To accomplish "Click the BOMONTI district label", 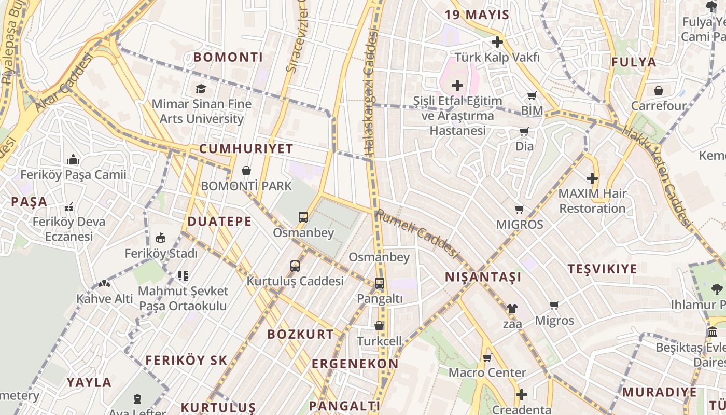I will tap(228, 57).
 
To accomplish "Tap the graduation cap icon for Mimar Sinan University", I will tap(201, 89).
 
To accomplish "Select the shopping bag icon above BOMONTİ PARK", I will tap(246, 171).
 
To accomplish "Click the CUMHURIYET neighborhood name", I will tap(246, 149).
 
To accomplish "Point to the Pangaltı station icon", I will tap(380, 283).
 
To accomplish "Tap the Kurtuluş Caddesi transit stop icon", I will tap(295, 266).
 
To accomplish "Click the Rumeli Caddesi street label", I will tap(417, 233).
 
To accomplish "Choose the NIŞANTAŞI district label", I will tap(483, 278).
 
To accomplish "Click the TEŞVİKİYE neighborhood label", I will tap(602, 269).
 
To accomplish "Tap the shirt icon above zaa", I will tap(512, 309).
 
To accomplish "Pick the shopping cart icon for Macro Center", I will tap(487, 357).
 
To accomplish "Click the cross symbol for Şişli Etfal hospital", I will tap(457, 85).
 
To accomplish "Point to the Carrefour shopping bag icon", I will tap(659, 91).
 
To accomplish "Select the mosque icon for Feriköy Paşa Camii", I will tap(73, 159).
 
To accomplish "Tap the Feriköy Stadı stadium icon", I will tap(161, 238).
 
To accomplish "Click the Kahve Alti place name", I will tap(105, 299).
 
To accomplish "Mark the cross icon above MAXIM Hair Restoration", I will tap(592, 178).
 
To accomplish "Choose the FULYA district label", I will tap(634, 62).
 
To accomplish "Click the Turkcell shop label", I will tap(379, 341).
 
